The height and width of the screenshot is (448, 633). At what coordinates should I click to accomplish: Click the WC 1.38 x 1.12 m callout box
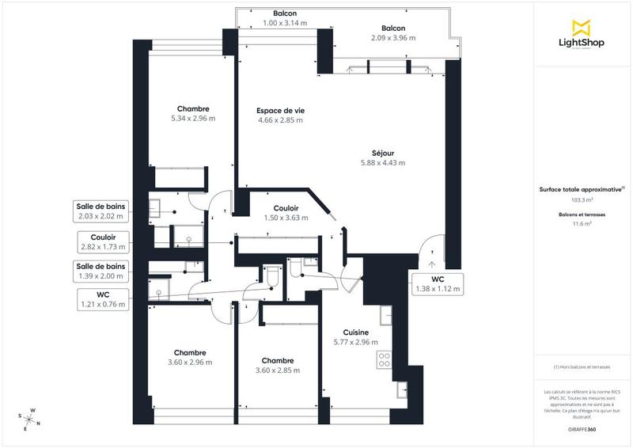pyautogui.click(x=437, y=284)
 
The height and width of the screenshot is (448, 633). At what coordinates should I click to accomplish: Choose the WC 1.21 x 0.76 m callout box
pyautogui.click(x=102, y=299)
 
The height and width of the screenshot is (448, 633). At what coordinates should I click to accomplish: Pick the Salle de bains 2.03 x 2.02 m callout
pyautogui.click(x=101, y=211)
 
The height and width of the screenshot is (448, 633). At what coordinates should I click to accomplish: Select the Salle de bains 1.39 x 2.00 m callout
pyautogui.click(x=101, y=271)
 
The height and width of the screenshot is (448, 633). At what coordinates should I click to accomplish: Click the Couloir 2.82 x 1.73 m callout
pyautogui.click(x=103, y=241)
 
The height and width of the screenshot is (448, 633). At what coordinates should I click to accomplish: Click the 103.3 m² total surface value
pyautogui.click(x=581, y=200)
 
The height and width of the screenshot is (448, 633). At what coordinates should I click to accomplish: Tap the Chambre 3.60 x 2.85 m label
pyautogui.click(x=278, y=365)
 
